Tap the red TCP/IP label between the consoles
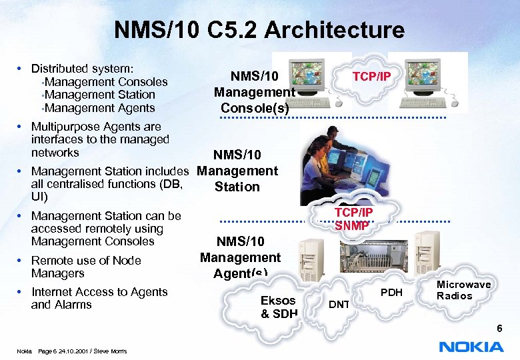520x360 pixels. [371, 77]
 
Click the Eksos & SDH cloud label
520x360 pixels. [279, 307]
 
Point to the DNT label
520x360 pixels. [339, 305]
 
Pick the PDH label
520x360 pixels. [392, 293]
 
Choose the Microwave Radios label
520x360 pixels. [463, 290]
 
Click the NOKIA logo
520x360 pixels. [471, 347]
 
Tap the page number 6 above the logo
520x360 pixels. [499, 329]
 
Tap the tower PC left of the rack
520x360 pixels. [311, 264]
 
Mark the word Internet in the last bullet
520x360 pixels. [52, 292]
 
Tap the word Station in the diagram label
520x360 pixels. [237, 187]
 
